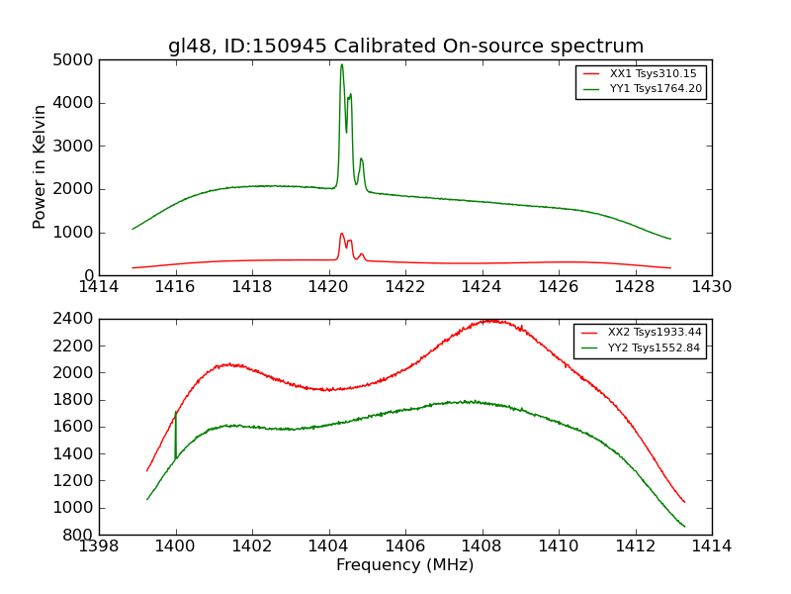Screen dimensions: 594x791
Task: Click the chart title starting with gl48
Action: point(405,46)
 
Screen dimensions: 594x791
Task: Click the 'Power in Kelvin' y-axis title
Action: point(40,166)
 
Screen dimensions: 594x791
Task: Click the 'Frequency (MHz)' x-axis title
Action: point(404,565)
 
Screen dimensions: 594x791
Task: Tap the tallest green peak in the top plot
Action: point(342,65)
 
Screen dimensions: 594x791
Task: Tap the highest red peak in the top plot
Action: point(341,234)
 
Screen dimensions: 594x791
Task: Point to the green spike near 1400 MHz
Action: point(175,414)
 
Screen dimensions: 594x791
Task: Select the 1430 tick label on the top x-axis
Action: point(711,287)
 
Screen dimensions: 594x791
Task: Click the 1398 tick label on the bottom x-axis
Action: point(99,546)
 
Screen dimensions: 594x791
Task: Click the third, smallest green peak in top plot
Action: point(361,158)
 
